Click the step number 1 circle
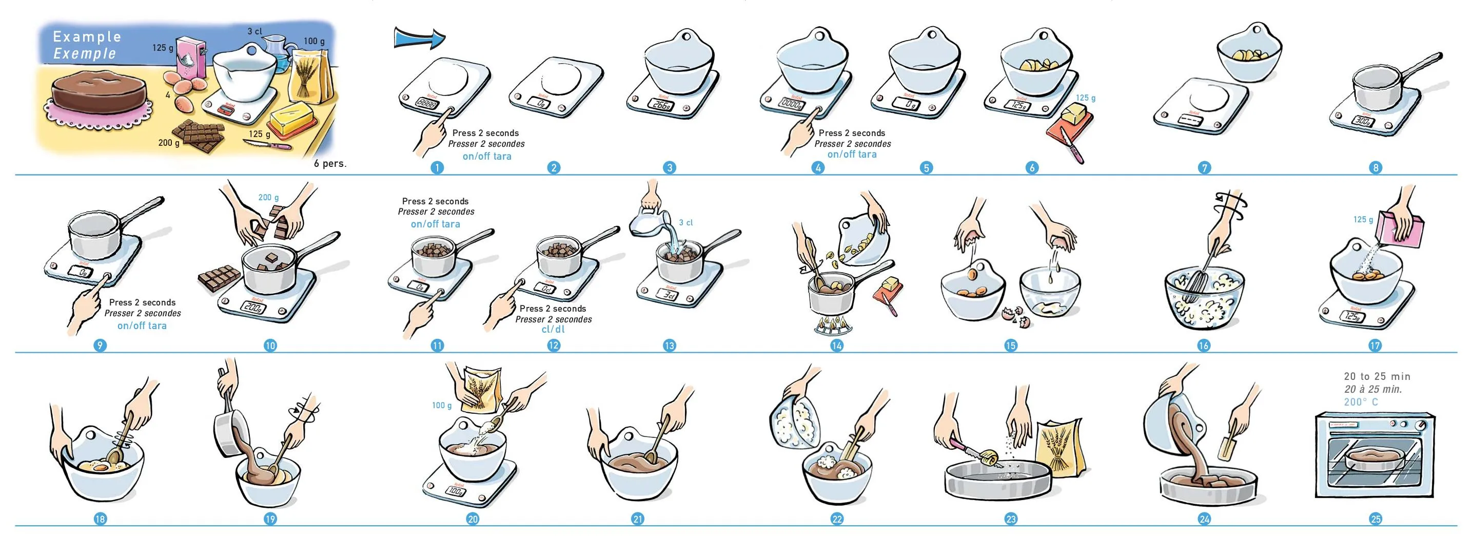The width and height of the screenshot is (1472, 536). click(x=437, y=167)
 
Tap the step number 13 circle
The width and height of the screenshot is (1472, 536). click(x=669, y=346)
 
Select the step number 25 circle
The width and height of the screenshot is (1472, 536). click(x=1376, y=519)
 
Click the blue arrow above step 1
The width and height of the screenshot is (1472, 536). click(x=419, y=39)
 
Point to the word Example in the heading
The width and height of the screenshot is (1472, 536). click(x=87, y=37)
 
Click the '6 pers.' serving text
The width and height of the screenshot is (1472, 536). click(x=330, y=164)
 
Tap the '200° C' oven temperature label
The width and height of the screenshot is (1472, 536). click(x=1361, y=402)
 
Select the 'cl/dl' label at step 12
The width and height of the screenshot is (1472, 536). click(x=553, y=330)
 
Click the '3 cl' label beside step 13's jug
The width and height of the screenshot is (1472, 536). click(x=685, y=222)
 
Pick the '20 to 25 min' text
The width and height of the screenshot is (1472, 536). click(x=1377, y=376)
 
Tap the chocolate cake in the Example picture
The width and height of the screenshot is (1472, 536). click(x=97, y=94)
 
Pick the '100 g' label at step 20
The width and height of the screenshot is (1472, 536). click(x=442, y=406)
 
